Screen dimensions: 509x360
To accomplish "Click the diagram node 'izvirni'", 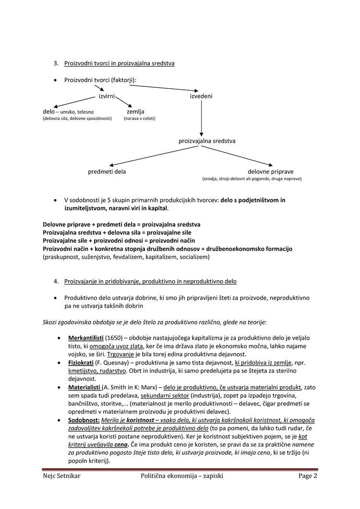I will pyautogui.click(x=107, y=96).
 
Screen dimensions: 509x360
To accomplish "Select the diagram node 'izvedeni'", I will pyautogui.click(x=201, y=96).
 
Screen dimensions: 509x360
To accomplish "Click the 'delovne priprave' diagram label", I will pyautogui.click(x=270, y=171).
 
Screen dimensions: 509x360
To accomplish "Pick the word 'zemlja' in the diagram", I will pyautogui.click(x=135, y=111).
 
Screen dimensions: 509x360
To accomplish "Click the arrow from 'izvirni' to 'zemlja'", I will pyautogui.click(x=123, y=102).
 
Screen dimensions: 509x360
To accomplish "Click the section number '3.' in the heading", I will pyautogui.click(x=56, y=63).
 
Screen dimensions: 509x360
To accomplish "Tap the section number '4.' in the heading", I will pyautogui.click(x=56, y=281).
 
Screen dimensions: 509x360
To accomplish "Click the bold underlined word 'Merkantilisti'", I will pyautogui.click(x=85, y=338).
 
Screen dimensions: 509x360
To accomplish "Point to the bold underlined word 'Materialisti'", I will pyautogui.click(x=84, y=387).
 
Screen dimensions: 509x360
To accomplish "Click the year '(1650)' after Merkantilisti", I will pyautogui.click(x=113, y=338).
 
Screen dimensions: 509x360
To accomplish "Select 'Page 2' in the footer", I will pyautogui.click(x=307, y=476).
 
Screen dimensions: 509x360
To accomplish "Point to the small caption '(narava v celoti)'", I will pyautogui.click(x=139, y=118).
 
